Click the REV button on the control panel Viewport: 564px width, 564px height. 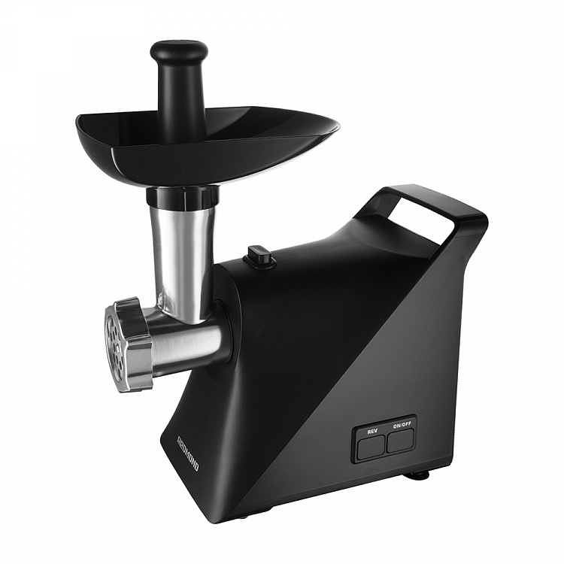[371, 447]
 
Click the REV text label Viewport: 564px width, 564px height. [372, 432]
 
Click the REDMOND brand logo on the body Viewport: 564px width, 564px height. [188, 453]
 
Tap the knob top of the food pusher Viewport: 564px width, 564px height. [179, 53]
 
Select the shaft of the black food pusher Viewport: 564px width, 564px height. [179, 102]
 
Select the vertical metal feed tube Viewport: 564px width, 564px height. [183, 259]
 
